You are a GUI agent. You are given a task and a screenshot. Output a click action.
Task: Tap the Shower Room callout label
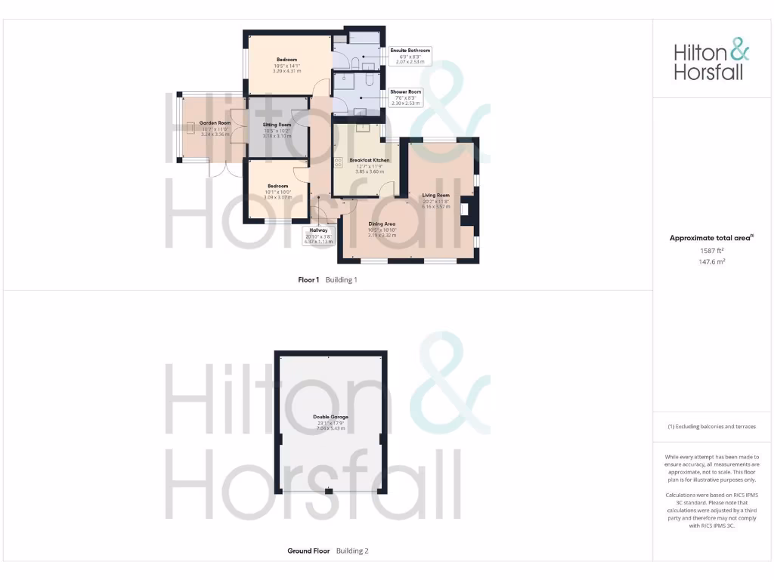tap(406, 97)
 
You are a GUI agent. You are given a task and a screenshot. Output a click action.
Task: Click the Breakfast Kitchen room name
tap(370, 161)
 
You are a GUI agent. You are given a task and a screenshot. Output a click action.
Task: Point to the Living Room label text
tap(435, 196)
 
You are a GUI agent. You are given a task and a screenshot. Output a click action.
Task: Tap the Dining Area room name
tap(382, 224)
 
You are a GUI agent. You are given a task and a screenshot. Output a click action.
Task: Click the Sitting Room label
tap(277, 125)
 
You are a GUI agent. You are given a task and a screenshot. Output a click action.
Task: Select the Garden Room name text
tap(215, 122)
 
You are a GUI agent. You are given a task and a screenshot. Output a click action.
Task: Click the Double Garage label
tap(330, 416)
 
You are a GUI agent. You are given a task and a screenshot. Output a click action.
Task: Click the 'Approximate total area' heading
tap(711, 238)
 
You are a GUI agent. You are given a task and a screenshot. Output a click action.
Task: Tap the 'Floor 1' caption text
tap(308, 279)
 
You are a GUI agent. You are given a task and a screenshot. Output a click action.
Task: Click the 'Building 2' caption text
tap(352, 551)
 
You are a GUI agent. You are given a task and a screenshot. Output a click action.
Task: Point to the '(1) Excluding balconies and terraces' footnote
tap(711, 427)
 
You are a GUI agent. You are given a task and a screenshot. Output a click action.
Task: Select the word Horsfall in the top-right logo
tap(708, 72)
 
